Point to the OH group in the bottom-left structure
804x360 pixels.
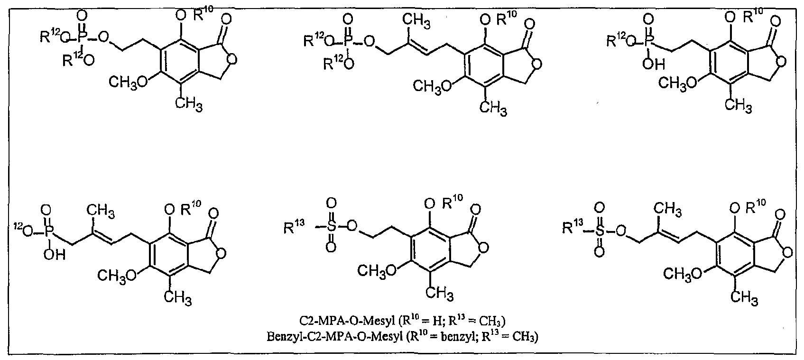coord(55,255)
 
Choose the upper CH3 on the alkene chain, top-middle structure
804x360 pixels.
coord(417,21)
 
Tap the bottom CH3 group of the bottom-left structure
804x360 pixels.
coord(178,297)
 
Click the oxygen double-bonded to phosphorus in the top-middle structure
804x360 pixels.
coord(347,18)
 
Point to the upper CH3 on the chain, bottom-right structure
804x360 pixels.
coord(667,209)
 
